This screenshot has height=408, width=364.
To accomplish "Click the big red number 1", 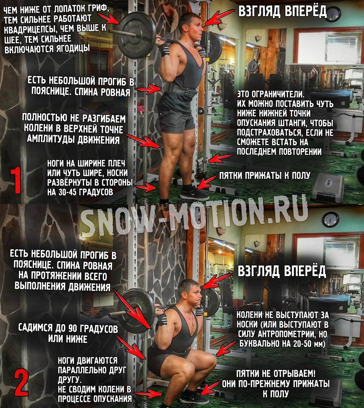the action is [x=16, y=181].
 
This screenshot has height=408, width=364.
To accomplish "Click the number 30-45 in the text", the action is [x=68, y=192].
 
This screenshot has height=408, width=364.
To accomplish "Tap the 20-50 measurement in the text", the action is [x=300, y=344].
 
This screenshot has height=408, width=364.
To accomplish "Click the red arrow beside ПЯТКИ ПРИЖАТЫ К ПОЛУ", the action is [x=207, y=182].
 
